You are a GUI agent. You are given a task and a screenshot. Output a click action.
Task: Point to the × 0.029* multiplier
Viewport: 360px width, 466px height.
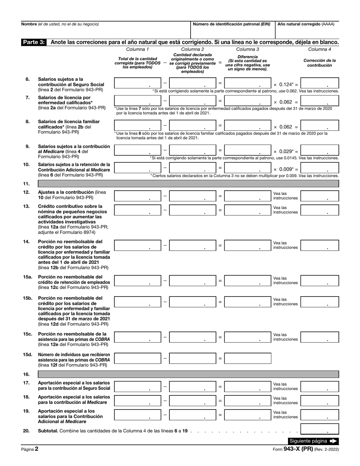pos(286,152)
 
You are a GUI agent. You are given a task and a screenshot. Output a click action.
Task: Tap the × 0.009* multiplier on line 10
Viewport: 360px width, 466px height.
pos(286,169)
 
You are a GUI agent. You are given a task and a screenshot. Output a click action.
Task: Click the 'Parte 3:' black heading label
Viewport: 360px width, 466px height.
pos(34,42)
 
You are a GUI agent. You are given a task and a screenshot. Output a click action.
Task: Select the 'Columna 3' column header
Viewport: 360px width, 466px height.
pos(247,49)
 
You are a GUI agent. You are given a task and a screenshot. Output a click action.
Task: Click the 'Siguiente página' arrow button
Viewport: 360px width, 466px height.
pos(313,441)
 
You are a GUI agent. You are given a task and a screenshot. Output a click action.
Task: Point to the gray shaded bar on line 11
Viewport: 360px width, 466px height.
pos(188,184)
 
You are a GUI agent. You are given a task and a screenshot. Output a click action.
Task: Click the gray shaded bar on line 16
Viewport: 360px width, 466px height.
pos(188,374)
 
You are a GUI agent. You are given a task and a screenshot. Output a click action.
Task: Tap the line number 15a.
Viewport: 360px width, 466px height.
pos(27,277)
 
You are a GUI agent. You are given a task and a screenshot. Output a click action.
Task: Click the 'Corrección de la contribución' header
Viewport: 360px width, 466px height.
pos(319,63)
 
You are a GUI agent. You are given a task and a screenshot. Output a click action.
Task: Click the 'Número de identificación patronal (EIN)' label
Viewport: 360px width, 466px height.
pos(232,24)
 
